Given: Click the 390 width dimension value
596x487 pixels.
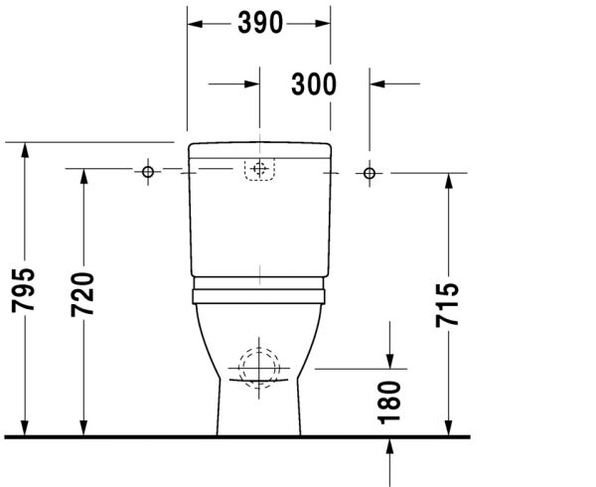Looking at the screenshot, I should click(260, 23).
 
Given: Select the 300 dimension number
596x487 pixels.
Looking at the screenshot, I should click(314, 84).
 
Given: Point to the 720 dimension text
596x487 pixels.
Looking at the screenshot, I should click(83, 294).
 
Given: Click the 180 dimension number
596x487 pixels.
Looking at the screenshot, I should click(389, 399).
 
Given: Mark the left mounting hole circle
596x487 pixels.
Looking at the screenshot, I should click(148, 173).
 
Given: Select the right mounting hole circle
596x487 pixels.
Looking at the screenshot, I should click(371, 173).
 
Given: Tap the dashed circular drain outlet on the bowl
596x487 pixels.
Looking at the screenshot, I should click(259, 366).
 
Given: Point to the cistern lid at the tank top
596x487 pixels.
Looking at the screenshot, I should click(259, 151).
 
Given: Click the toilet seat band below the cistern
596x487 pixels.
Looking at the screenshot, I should click(259, 293).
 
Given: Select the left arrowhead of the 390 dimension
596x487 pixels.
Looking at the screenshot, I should click(195, 23).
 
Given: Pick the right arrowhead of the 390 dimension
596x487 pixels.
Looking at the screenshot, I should click(324, 23).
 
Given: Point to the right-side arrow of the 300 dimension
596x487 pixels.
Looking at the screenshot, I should click(378, 84).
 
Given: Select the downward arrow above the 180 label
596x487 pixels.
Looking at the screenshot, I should click(389, 359).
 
